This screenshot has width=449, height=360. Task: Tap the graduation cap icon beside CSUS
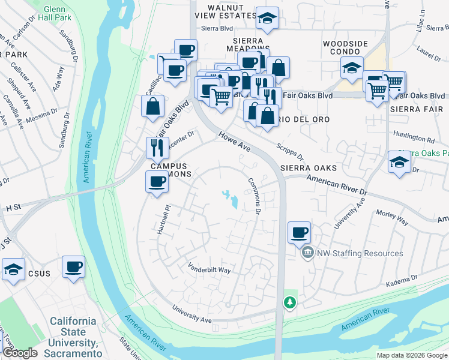[x=13, y=269]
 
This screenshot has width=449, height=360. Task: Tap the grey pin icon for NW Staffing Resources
[x=308, y=253]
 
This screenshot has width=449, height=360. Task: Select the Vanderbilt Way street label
[x=209, y=269]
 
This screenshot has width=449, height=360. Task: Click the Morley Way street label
[x=392, y=217]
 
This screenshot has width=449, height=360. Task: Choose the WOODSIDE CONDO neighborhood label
[x=345, y=49]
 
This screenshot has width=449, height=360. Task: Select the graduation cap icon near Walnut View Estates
[x=265, y=19]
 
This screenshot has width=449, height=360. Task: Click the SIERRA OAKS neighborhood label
[x=307, y=168]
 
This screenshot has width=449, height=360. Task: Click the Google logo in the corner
[x=20, y=353]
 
